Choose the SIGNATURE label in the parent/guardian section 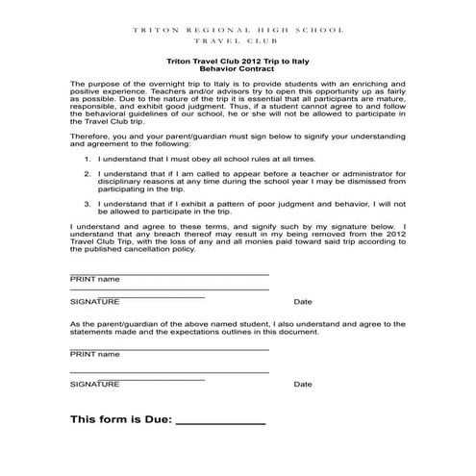coord(95,384)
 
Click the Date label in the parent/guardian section coord(303,384)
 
